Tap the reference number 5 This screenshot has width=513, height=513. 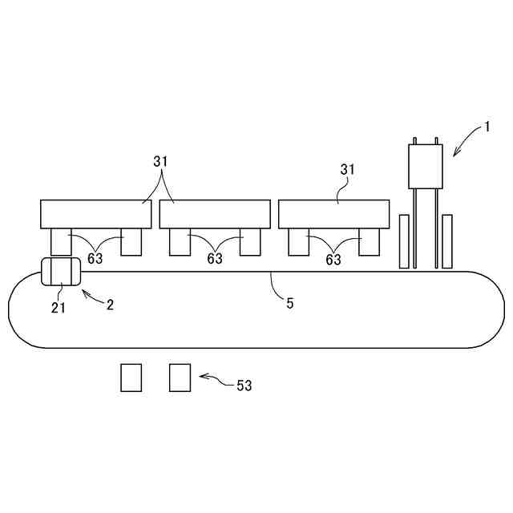click(x=290, y=304)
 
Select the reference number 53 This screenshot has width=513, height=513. click(x=244, y=386)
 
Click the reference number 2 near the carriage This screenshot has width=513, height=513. click(x=111, y=304)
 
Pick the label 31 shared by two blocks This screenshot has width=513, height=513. click(x=161, y=161)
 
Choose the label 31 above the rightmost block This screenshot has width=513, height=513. click(x=347, y=170)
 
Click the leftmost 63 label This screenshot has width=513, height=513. click(x=95, y=258)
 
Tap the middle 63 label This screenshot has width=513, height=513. click(x=214, y=258)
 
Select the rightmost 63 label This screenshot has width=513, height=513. click(x=333, y=259)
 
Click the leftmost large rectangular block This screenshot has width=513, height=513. click(x=96, y=214)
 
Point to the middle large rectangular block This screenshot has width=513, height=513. click(x=214, y=214)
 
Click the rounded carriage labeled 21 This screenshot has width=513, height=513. click(x=59, y=271)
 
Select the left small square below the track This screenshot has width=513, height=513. click(x=131, y=378)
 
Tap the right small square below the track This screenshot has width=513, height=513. click(x=180, y=378)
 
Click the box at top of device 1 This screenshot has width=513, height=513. click(x=426, y=166)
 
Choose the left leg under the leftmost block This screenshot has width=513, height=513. click(x=61, y=241)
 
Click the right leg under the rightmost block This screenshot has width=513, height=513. click(x=369, y=241)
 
